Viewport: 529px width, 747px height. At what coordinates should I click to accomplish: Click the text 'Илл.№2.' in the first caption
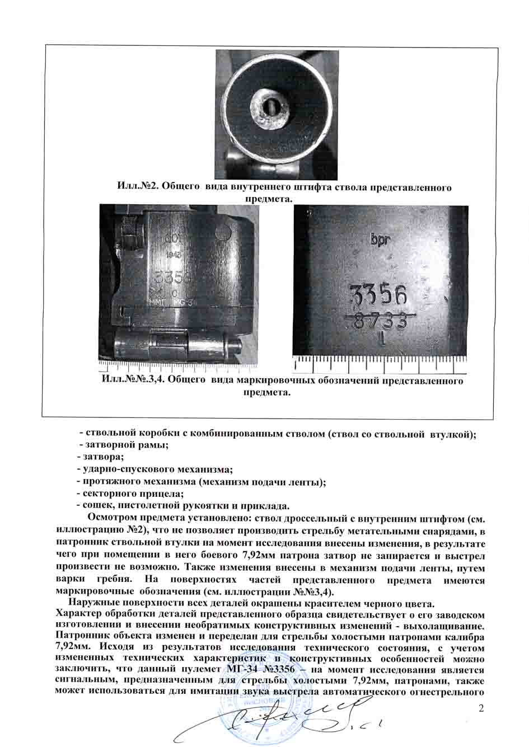pyautogui.click(x=137, y=187)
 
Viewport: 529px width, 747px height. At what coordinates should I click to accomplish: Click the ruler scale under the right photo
pyautogui.click(x=381, y=363)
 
